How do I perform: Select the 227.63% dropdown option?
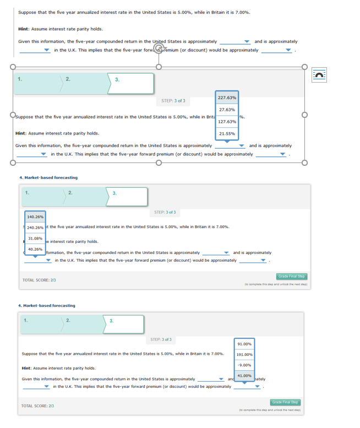coord(227,97)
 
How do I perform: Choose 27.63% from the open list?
coord(227,110)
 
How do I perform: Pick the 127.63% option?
coord(227,122)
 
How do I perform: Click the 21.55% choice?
coord(227,133)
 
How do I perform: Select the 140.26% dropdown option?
coord(35,217)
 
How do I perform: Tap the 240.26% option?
coord(35,227)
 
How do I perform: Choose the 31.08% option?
coord(35,238)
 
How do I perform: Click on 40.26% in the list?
coord(35,249)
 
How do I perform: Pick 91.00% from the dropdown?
coord(244,344)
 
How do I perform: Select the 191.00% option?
coord(244,355)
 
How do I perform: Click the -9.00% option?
coord(244,365)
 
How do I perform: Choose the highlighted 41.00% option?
coord(244,376)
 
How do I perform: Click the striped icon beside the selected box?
coord(319,74)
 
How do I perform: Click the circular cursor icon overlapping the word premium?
coord(159,48)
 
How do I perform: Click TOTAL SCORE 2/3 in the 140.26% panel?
coord(39,280)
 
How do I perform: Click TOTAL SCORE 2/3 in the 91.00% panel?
coord(37,406)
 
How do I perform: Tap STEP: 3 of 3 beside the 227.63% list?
coord(173,101)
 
